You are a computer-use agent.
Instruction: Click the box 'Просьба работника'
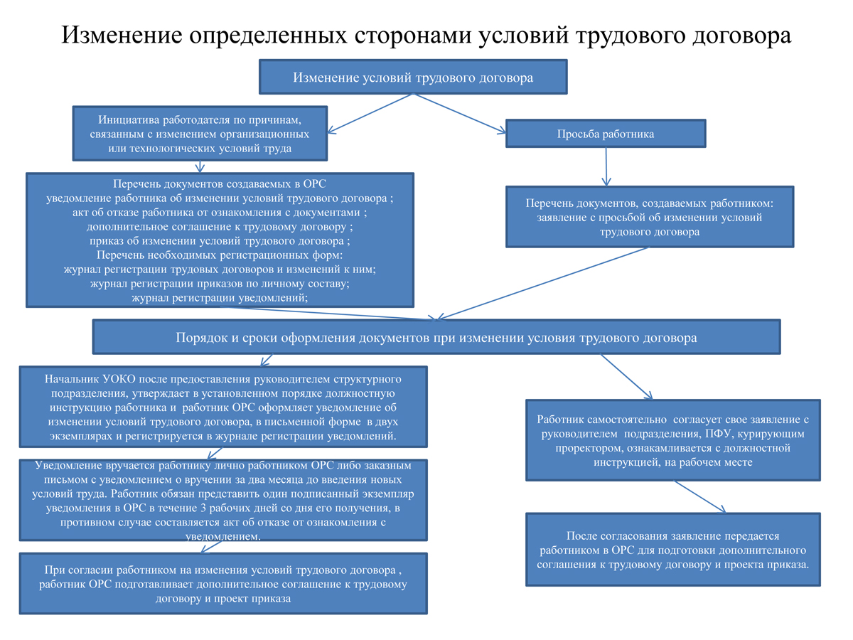point(605,134)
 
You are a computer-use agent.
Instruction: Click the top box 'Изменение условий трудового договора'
point(413,77)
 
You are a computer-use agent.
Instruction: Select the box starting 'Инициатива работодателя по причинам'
point(200,132)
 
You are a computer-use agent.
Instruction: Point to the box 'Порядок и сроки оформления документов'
point(436,337)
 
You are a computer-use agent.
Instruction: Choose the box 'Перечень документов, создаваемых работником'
point(650,217)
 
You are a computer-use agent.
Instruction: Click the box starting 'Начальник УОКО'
point(224,407)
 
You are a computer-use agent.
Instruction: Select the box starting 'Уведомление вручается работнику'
point(224,500)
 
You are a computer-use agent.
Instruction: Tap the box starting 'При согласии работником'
point(224,583)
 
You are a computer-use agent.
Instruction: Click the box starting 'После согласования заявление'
point(672,549)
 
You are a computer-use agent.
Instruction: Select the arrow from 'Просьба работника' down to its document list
point(606,166)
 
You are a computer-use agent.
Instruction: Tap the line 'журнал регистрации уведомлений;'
point(220,298)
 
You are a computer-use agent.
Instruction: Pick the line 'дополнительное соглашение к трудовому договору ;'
point(220,228)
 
